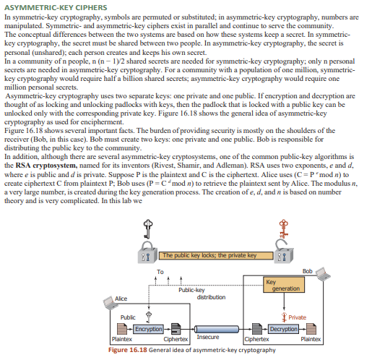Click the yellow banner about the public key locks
point(209,255)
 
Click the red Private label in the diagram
point(298,317)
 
